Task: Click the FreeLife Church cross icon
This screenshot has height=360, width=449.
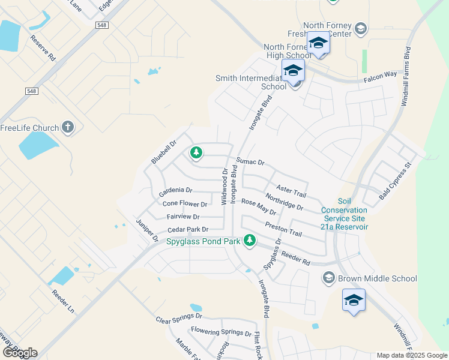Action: (x=68, y=127)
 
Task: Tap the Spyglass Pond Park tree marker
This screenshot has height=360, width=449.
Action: (x=249, y=241)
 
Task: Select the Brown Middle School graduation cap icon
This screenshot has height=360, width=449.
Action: (x=328, y=278)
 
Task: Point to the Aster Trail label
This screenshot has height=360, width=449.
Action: (x=291, y=192)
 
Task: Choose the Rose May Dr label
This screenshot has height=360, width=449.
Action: (x=258, y=208)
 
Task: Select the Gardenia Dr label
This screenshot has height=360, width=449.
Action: (x=175, y=192)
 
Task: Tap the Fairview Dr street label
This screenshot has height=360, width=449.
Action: (x=182, y=217)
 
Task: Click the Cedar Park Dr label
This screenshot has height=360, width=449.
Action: (x=188, y=229)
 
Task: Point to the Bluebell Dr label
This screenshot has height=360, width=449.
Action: (x=163, y=152)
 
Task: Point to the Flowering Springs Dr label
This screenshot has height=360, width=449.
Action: (x=221, y=331)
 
